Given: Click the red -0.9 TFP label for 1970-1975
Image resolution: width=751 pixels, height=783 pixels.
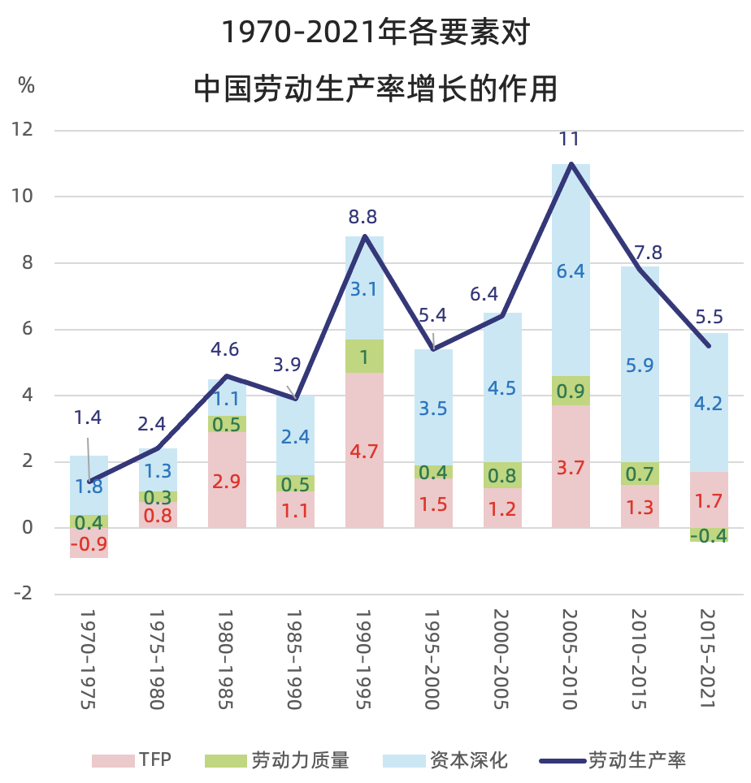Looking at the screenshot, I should [89, 544].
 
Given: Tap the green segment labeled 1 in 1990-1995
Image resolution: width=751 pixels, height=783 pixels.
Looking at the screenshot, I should [364, 357].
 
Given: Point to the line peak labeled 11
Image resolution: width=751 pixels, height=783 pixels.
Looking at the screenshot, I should [571, 164].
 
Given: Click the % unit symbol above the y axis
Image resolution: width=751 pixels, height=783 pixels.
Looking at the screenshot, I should [27, 85].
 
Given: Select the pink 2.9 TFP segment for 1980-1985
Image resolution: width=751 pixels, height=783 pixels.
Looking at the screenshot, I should [227, 480].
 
